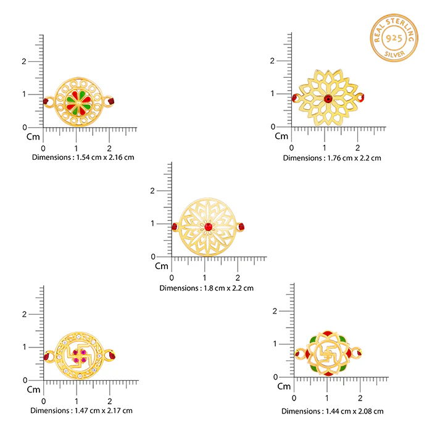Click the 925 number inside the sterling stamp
[394, 38]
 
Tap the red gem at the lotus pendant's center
[328, 98]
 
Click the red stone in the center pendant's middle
[209, 227]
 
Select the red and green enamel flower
[78, 103]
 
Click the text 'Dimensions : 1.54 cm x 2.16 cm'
[83, 157]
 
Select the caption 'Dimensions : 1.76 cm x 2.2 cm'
[332, 158]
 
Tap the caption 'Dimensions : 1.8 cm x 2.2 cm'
[206, 288]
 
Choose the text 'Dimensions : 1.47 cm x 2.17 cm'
[81, 410]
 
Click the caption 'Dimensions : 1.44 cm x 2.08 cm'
[332, 412]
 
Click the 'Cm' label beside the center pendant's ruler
[162, 266]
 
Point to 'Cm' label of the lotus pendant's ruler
[281, 136]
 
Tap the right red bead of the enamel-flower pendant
[111, 101]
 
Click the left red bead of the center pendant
[175, 226]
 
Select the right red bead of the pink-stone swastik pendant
[112, 355]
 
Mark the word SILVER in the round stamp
[394, 54]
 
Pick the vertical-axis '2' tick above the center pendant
[152, 191]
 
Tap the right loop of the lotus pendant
[360, 98]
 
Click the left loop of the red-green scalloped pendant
[299, 353]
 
